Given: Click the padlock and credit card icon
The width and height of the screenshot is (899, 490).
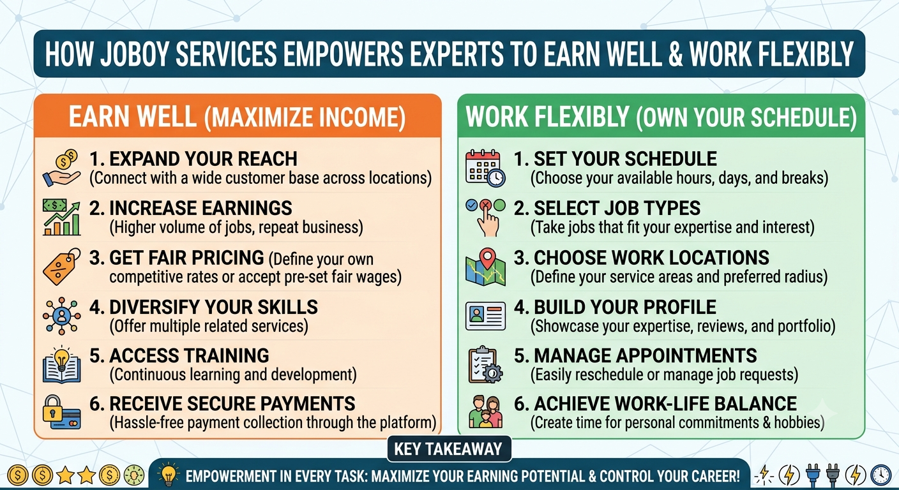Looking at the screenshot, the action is pos(61,412).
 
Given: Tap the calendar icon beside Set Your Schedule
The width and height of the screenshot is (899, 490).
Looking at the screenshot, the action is pos(485,168).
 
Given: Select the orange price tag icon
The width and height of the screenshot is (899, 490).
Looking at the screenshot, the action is pos(61,267).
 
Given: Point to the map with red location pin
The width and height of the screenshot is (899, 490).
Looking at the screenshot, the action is pos(485,267).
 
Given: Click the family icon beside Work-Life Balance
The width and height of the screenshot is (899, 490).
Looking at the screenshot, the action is pos(485,412).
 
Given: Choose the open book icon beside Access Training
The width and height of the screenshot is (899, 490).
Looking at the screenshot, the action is pos(61,364).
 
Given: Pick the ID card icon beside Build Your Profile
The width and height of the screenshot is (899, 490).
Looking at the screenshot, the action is pos(485,316).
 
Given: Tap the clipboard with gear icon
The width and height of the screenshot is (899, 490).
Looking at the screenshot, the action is pos(485,364).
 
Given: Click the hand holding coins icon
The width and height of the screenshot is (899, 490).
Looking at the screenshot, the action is pos(61,168).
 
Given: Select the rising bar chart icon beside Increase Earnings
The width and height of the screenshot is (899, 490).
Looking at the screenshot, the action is pos(61,217).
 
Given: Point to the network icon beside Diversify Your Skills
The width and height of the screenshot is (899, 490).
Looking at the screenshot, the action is pos(61,316).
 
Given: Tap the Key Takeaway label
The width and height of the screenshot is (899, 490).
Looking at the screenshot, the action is pos(448,449).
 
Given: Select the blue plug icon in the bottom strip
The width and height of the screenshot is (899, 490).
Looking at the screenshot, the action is pos(813,475).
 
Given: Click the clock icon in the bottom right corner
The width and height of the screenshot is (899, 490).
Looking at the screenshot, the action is pos(880,475).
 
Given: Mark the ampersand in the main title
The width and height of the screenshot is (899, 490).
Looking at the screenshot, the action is pos(676,54).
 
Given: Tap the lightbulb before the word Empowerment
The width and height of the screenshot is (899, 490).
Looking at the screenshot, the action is pos(169,474).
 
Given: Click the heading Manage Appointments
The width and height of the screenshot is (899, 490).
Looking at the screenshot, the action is pos(635,355).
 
